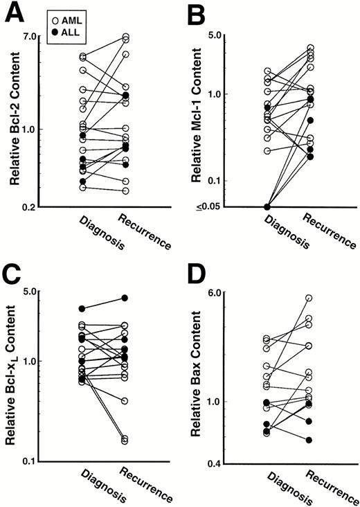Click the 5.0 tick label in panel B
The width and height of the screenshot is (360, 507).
[x=218, y=35]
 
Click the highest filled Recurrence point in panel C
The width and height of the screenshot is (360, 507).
[x=125, y=298]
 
